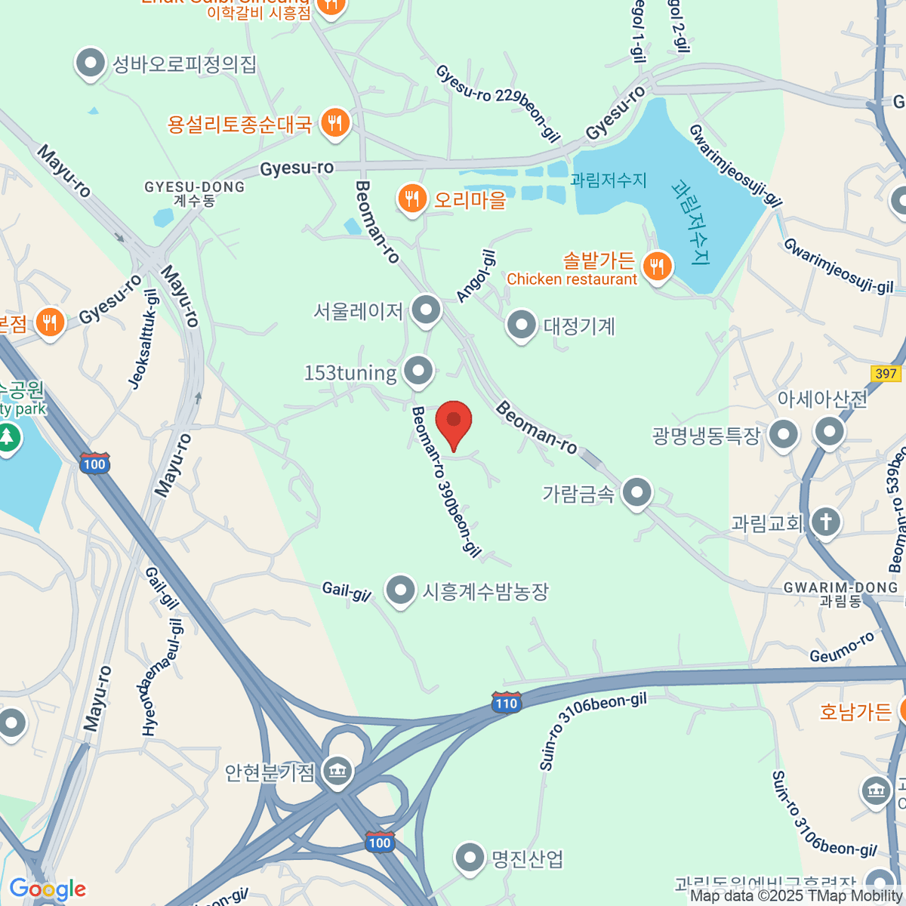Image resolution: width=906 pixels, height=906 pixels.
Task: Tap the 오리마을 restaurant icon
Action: pos(411,199)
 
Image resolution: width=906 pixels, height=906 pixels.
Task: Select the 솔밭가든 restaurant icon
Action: pos(658,266)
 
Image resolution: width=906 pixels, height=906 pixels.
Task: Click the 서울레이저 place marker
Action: pos(427,310)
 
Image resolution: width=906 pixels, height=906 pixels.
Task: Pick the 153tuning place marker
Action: pos(418,371)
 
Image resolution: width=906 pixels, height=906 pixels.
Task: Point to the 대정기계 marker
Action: pos(521,325)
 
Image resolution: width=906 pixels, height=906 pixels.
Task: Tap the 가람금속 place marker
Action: pos(638,493)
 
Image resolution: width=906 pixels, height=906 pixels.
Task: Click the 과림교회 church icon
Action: pos(826,522)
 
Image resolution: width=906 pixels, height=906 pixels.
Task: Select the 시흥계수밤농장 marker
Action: pos(400,590)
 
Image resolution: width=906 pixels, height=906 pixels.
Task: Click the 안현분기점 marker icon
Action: pos(337,772)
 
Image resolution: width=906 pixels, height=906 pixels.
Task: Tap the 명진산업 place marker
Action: pos(470,858)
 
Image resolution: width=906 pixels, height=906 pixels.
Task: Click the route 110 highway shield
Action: pos(506,703)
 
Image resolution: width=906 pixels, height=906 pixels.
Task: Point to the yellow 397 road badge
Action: pos(886,373)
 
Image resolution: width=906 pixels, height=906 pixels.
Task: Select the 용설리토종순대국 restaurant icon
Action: pos(335,122)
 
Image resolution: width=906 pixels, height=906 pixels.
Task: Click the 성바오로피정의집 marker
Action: pos(91,64)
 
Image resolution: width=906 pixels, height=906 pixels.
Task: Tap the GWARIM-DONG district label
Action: pos(840,588)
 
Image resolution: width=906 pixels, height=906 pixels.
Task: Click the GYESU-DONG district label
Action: pos(195,187)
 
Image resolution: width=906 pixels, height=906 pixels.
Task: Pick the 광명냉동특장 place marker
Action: pos(784,434)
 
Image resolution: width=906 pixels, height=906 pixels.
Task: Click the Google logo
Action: pos(48,889)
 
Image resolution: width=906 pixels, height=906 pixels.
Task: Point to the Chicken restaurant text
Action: pos(572,279)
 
